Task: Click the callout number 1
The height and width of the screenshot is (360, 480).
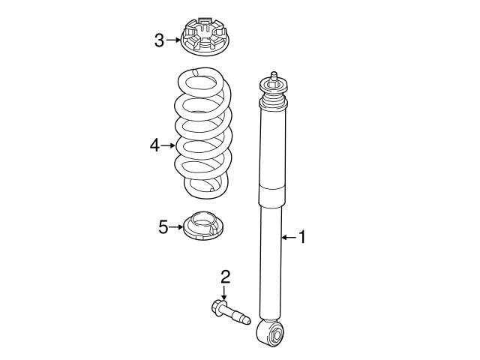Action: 302,238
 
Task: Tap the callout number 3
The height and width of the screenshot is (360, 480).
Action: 159,40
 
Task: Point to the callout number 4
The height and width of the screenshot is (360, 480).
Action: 155,145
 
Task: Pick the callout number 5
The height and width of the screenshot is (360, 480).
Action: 163,226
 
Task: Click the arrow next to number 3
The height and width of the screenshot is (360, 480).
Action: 172,40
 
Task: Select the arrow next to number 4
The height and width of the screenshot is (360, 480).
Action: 169,145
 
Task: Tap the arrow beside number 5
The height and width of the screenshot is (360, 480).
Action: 175,226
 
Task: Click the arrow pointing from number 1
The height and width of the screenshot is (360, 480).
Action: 288,238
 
